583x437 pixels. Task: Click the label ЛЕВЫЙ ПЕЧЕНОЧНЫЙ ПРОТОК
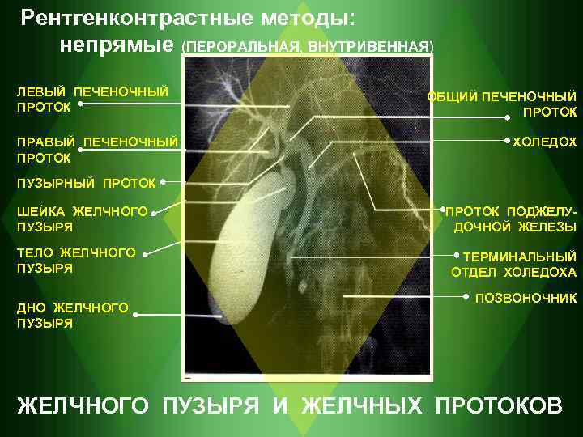92,98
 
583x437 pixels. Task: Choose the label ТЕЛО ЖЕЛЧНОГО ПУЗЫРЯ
76,261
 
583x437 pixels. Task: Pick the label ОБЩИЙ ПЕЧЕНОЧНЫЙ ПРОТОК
502,104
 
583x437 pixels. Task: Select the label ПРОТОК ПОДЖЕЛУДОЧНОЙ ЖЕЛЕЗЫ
515,219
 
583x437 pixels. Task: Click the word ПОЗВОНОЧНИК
526,299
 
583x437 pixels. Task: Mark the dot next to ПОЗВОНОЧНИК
467,298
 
